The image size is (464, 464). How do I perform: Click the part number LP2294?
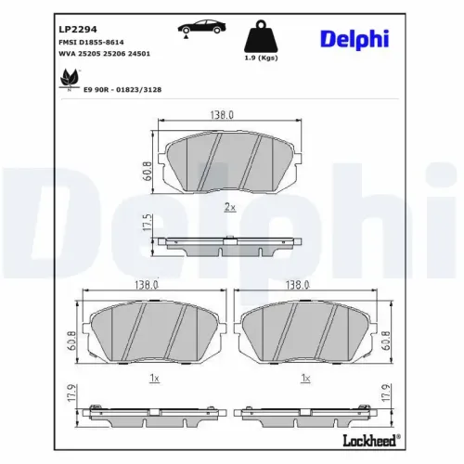tap(78, 30)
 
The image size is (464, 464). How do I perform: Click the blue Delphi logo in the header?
tap(354, 40)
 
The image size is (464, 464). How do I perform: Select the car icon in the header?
tap(201, 29)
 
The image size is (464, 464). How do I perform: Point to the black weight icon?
tap(261, 36)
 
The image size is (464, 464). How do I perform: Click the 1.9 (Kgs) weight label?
tap(261, 58)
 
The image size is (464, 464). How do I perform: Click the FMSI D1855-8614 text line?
tap(91, 42)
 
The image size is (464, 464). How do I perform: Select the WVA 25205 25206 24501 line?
tap(104, 54)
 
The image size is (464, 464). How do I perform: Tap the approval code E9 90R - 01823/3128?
tap(122, 90)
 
